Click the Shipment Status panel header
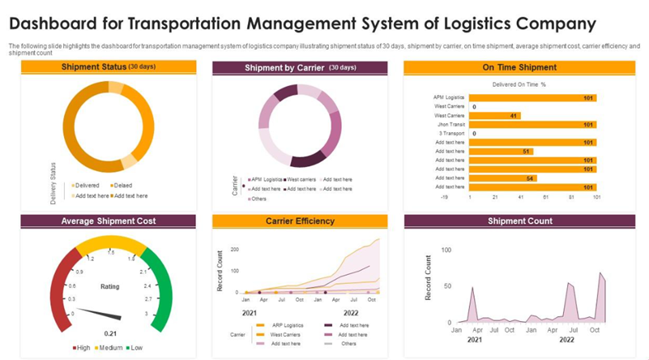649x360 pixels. pos(108,67)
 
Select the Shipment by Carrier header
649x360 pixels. pos(300,68)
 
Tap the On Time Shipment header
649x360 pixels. pos(519,68)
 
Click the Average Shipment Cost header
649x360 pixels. pos(108,221)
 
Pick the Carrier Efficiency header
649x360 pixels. pos(300,221)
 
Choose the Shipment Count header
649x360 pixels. pos(519,221)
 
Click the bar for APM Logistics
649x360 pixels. pos(532,97)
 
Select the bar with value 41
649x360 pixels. pos(494,116)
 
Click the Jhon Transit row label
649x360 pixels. pos(450,125)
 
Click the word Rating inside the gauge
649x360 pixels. pos(109,286)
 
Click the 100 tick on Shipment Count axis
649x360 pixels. pos(446,249)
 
